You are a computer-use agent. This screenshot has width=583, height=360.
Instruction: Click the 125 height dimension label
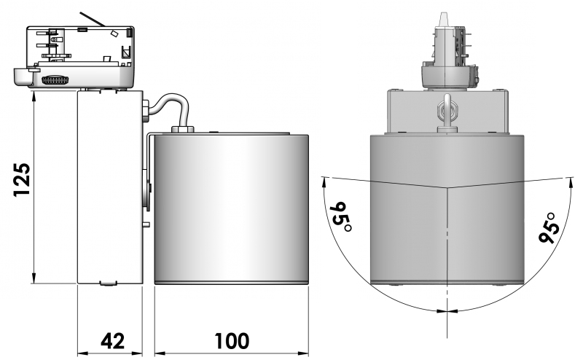click(22, 179)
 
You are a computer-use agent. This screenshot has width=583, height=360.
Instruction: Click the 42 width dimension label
click(113, 340)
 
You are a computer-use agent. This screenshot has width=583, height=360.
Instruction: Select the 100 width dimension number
click(231, 340)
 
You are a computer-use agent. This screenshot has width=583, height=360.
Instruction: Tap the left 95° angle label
click(340, 216)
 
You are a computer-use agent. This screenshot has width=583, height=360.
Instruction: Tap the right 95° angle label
click(549, 227)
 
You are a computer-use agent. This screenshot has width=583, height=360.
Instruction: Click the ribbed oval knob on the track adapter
click(56, 80)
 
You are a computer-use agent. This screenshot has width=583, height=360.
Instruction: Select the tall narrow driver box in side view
click(110, 187)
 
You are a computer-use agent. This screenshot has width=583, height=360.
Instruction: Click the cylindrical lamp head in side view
click(231, 209)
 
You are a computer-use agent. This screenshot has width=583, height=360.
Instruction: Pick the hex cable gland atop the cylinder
click(182, 129)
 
